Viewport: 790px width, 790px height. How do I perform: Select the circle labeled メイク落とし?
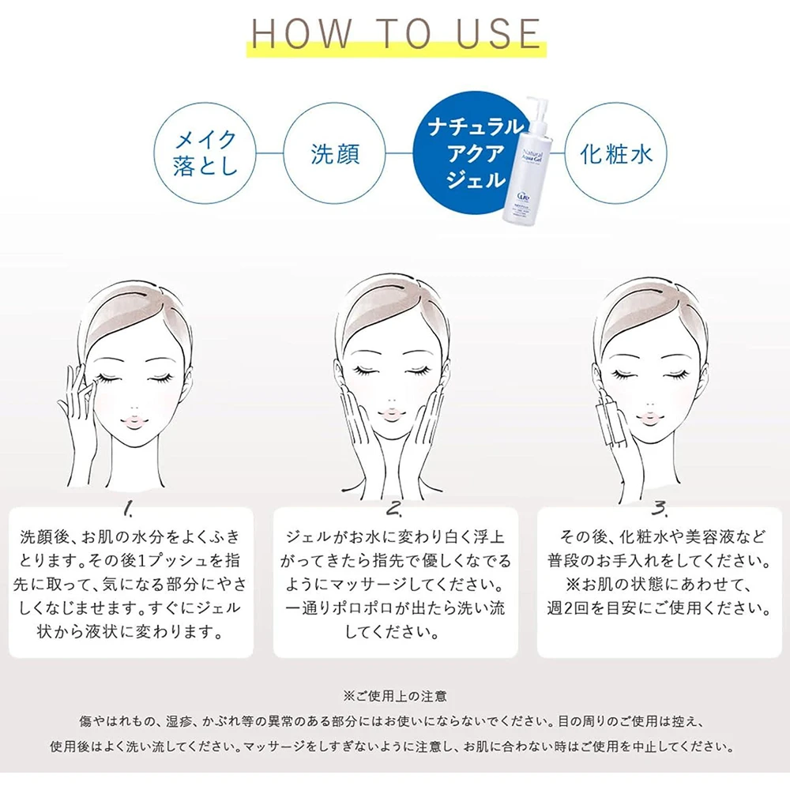(205, 153)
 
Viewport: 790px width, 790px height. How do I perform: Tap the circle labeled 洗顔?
(334, 153)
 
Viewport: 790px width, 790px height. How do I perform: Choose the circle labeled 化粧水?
(615, 153)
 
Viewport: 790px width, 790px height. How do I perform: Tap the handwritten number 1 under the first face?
(129, 510)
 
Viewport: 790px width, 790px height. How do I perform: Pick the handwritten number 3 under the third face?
(659, 508)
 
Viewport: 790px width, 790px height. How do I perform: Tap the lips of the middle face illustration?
(390, 413)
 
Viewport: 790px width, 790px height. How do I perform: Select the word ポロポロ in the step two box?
(363, 608)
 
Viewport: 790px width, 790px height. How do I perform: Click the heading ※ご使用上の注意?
(395, 696)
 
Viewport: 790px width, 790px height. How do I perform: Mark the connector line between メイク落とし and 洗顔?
(269, 153)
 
